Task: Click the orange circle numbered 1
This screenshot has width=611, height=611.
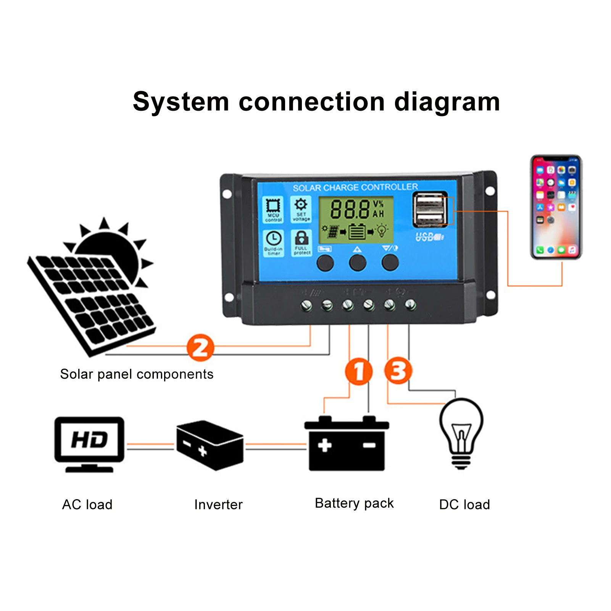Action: click(x=358, y=371)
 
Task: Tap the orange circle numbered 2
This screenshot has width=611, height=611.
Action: click(x=200, y=347)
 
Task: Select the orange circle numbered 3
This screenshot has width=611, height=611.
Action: click(x=398, y=370)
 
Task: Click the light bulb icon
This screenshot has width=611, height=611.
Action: click(x=461, y=433)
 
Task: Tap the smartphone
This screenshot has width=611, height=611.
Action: click(x=556, y=207)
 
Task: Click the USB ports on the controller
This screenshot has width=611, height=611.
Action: click(x=430, y=210)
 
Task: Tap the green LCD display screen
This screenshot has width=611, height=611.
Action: click(x=356, y=219)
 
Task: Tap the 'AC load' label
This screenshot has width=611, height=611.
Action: click(x=87, y=505)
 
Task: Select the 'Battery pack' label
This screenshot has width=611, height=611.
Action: click(x=354, y=503)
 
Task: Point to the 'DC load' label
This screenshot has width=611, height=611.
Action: click(x=464, y=505)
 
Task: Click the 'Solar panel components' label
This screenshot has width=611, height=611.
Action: click(x=137, y=374)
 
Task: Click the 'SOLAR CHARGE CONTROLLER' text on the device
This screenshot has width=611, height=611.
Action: click(x=355, y=187)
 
